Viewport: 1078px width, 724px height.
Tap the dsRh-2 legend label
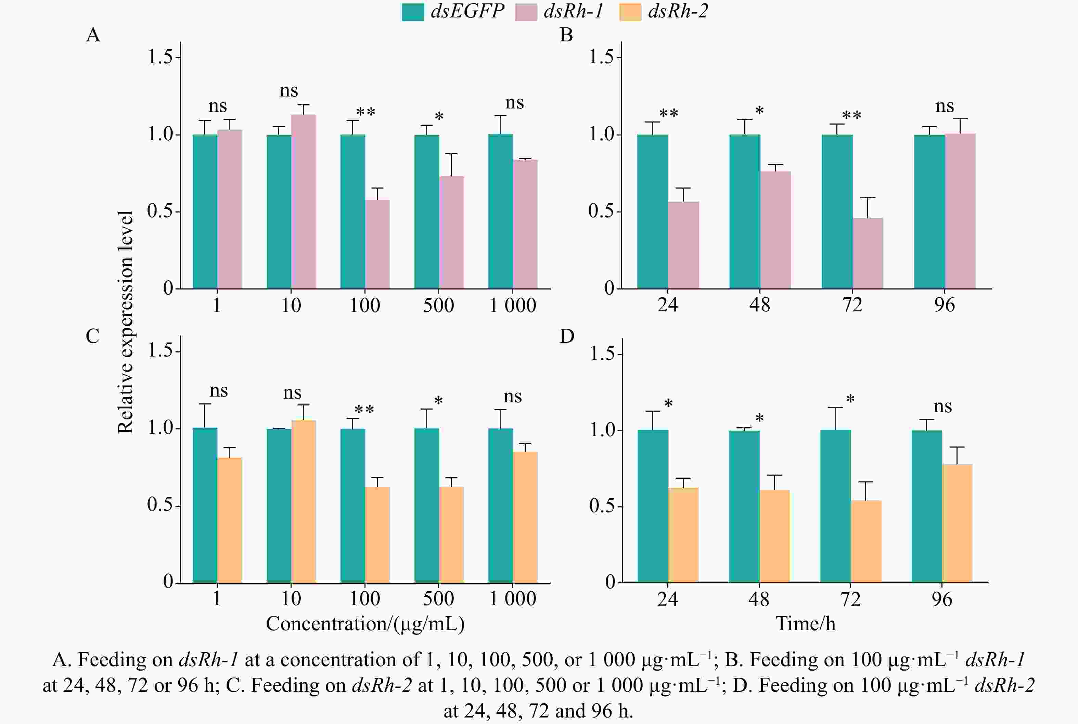tap(678, 11)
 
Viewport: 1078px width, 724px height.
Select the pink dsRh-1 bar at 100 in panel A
tap(377, 244)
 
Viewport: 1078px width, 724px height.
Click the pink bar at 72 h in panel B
tap(868, 254)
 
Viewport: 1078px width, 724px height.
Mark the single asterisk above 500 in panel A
tap(439, 116)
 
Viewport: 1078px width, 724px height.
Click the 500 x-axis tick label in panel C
tap(438, 598)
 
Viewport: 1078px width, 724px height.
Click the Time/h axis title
tap(805, 624)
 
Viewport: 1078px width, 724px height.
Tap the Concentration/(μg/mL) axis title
tap(365, 624)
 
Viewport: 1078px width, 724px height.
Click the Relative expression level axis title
tap(126, 322)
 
